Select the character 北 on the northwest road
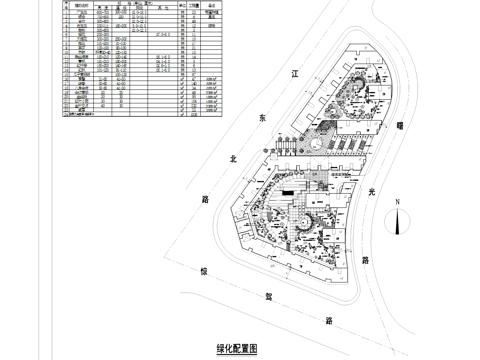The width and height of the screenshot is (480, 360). [x=232, y=158]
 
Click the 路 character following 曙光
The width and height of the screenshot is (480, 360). [x=366, y=259]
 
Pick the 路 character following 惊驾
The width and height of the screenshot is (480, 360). [x=329, y=321]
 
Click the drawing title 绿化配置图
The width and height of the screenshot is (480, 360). [x=237, y=349]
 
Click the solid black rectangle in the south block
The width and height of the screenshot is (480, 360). [x=289, y=191]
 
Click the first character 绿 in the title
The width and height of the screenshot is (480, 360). [x=220, y=349]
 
